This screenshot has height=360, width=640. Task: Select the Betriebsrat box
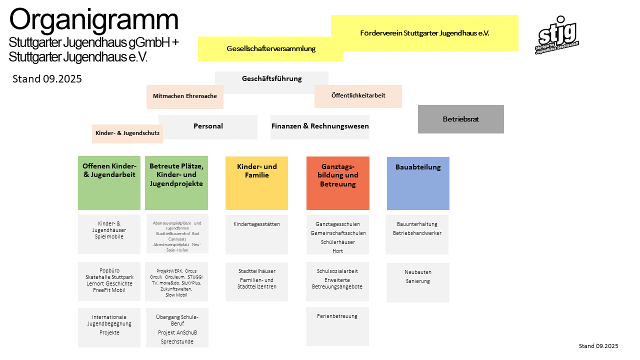coord(460,119)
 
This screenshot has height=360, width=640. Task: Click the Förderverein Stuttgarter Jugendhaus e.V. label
coord(424,33)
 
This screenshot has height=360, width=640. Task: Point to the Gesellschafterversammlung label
coord(271,48)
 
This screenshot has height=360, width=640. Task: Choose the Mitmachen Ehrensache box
coord(184,96)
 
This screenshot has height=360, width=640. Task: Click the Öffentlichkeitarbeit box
coord(358,95)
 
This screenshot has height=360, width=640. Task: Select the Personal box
coord(208,126)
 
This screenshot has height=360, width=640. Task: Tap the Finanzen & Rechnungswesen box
coord(320,126)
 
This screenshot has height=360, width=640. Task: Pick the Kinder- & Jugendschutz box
coord(127,133)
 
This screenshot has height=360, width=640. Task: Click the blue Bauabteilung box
coord(418,183)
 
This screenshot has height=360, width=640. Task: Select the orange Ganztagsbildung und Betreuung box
coord(338,183)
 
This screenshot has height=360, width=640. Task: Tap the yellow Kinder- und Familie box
coord(256,183)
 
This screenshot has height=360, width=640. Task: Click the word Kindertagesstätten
coord(256,224)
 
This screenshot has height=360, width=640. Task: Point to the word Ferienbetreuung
coord(337,316)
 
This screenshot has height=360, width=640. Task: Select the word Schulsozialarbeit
coord(337,271)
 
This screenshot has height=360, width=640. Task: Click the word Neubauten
coord(418,272)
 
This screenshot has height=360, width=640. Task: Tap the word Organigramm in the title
coord(93,20)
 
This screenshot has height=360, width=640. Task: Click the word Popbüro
coord(109,270)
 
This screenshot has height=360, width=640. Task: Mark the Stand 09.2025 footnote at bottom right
coord(598,346)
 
